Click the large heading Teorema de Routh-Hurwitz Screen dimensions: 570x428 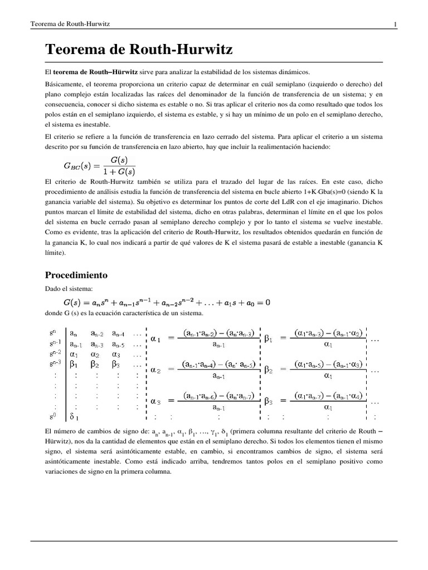coord(139,50)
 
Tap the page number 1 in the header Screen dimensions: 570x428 coord(395,24)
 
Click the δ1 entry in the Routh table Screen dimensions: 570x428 coord(74,415)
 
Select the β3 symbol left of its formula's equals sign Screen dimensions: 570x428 coord(268,401)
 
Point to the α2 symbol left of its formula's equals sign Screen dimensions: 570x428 coord(157,369)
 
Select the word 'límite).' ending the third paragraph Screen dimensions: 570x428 coord(55,252)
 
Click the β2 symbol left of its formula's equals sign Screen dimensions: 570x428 coord(268,369)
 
